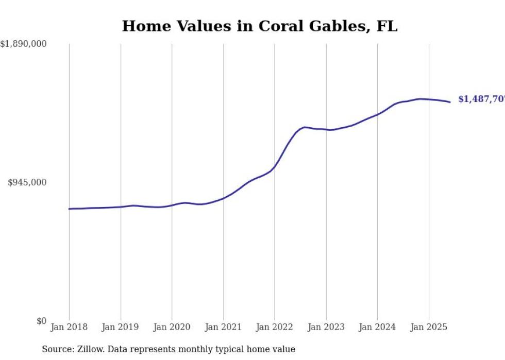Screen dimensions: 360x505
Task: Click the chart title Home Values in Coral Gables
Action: click(x=259, y=26)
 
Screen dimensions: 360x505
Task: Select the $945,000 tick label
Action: click(x=27, y=182)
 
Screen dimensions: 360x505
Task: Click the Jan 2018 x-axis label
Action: click(x=69, y=327)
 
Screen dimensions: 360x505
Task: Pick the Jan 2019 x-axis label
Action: click(x=121, y=327)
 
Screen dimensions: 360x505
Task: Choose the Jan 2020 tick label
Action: click(x=172, y=327)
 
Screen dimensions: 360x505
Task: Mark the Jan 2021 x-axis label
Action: click(x=223, y=327)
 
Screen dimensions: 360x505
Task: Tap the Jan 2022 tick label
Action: click(x=275, y=327)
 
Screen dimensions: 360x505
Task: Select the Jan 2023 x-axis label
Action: click(x=326, y=327)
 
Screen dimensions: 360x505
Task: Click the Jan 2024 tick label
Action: click(x=377, y=327)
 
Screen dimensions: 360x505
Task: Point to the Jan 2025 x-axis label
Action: click(x=429, y=327)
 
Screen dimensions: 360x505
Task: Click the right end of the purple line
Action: click(x=450, y=102)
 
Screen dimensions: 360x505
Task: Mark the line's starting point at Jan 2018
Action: click(x=69, y=209)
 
